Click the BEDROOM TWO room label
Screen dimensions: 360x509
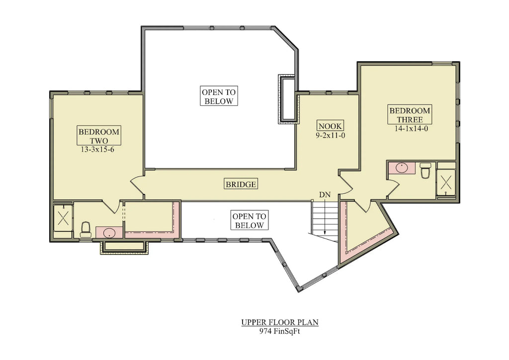[x=99, y=136]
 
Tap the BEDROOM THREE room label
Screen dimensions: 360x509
[x=410, y=115]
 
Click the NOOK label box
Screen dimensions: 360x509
[x=330, y=126]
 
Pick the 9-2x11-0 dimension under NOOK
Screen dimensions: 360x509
[x=330, y=135]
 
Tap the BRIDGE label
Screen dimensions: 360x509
[x=241, y=184]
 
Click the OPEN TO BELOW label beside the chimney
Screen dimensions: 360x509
[x=218, y=96]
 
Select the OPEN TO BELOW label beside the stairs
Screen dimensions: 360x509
[x=250, y=221]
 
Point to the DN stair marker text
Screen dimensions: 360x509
[x=325, y=194]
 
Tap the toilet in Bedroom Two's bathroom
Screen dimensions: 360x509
[x=85, y=229]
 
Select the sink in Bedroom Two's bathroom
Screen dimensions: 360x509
[x=109, y=232]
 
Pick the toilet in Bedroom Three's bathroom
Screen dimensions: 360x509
[x=425, y=171]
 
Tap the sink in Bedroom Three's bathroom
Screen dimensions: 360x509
[x=402, y=168]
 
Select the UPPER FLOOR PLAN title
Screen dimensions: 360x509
[x=280, y=322]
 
